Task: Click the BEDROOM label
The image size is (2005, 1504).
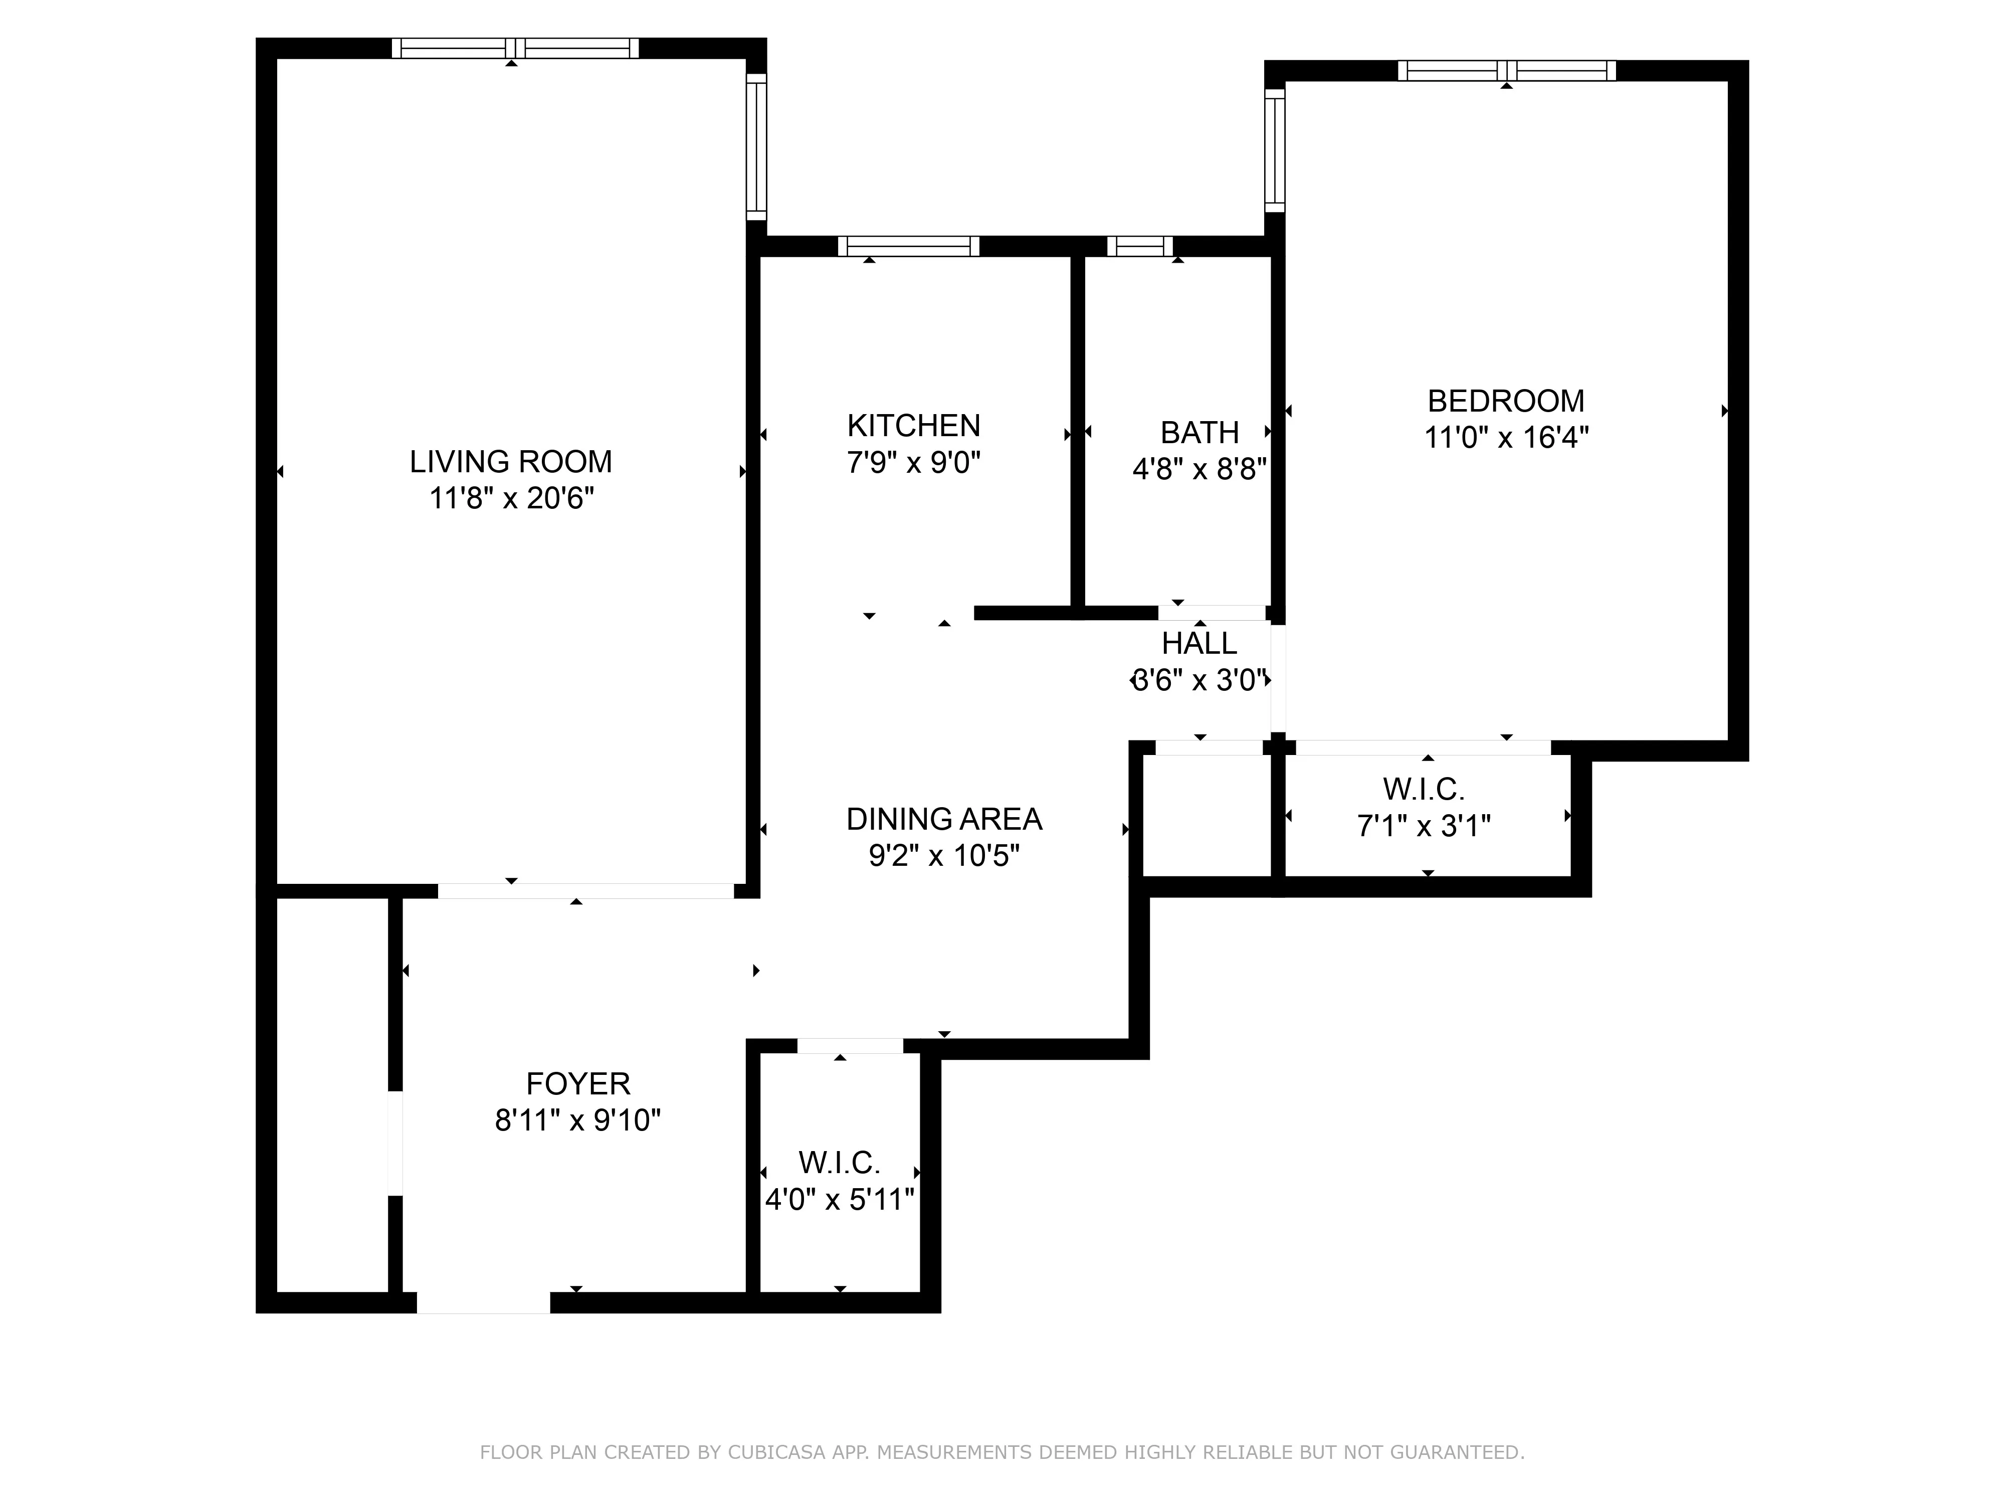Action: coord(1506,401)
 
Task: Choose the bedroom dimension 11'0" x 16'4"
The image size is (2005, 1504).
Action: coord(1506,438)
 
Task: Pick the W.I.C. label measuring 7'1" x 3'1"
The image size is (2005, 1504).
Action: coord(1423,790)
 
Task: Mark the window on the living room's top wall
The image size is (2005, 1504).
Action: coord(515,48)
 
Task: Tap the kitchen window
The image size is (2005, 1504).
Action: coord(908,246)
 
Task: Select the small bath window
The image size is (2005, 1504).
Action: coord(1139,246)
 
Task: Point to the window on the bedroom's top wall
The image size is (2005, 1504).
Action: coord(1506,71)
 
